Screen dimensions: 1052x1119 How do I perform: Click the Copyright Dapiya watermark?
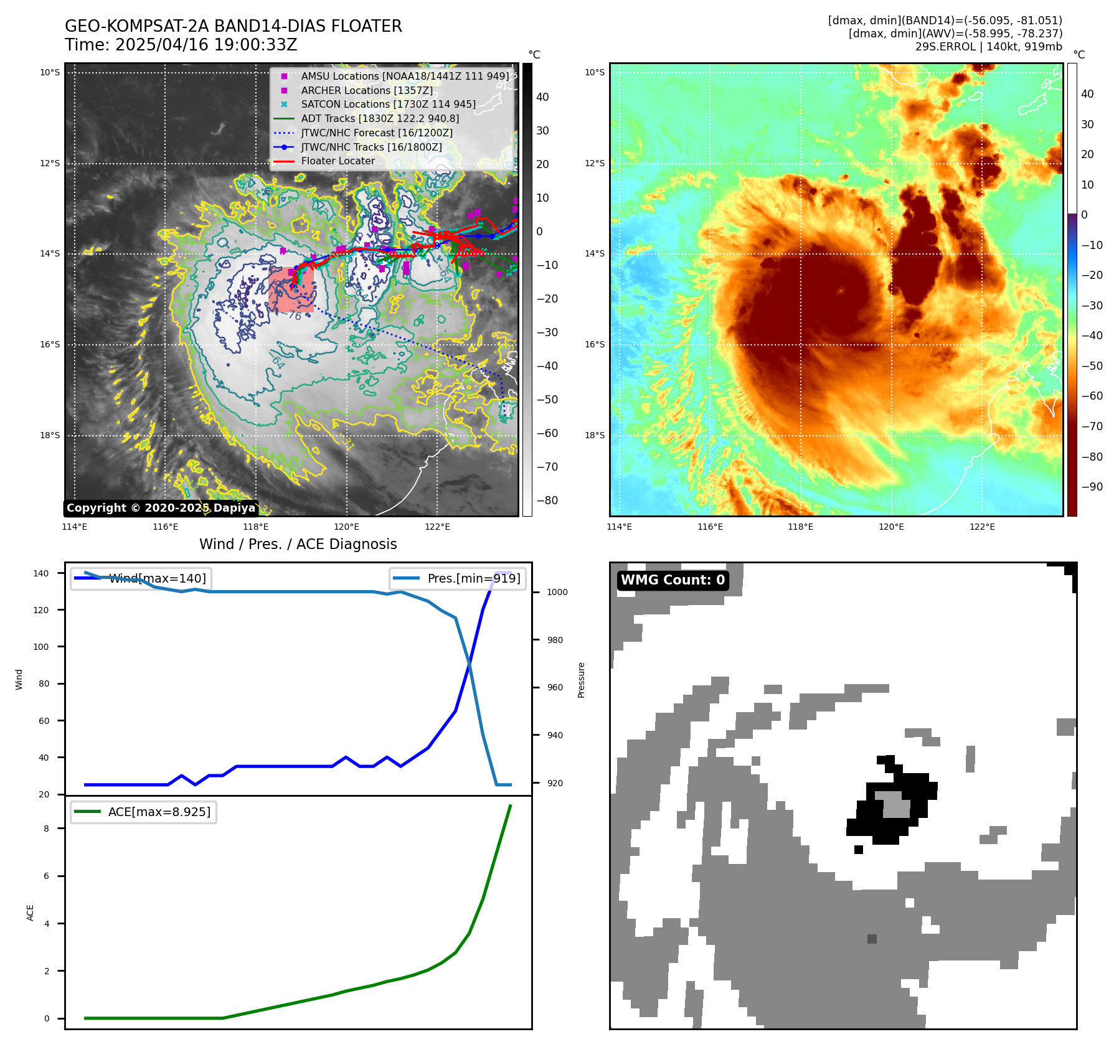(161, 508)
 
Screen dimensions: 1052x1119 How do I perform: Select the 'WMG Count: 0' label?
(673, 580)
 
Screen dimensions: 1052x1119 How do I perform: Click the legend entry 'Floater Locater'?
(338, 161)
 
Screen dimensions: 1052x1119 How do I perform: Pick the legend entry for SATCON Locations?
(388, 105)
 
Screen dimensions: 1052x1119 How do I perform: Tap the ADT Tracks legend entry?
(380, 119)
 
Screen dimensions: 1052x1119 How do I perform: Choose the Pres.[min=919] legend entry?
(458, 578)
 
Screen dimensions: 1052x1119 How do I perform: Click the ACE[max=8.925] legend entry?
(144, 812)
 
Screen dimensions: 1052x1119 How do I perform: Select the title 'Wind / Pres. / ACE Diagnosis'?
(298, 544)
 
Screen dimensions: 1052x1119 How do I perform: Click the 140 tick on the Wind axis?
(40, 573)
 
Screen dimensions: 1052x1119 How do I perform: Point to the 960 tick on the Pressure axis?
(554, 688)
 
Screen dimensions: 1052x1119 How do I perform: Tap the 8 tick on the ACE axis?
(46, 829)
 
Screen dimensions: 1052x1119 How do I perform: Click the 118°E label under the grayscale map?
(256, 527)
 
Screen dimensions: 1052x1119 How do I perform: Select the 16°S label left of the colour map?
(594, 345)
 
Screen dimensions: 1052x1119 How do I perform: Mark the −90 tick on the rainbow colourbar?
(1092, 487)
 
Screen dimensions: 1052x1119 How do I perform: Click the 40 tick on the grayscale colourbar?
(542, 97)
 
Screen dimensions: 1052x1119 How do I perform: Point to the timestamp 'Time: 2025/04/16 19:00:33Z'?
(181, 45)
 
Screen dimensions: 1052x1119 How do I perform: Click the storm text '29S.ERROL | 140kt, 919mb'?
(988, 47)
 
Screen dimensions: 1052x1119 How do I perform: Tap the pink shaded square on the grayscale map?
(290, 289)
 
